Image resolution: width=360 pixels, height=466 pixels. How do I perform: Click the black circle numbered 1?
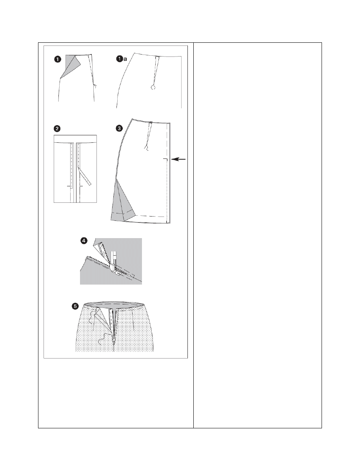58,59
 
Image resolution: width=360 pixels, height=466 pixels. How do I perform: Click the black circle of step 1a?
119,59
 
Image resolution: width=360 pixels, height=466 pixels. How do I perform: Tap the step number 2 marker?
57,128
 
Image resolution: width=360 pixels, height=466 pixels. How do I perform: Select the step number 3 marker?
119,128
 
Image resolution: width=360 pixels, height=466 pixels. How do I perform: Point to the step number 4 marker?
84,240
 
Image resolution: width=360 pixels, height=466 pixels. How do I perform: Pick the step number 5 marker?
76,306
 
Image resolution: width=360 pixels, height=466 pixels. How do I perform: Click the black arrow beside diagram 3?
178,159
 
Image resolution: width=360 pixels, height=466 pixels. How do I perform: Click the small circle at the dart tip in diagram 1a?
153,87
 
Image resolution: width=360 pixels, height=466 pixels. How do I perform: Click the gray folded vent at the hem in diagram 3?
122,205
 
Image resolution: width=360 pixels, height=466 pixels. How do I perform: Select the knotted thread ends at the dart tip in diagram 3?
146,148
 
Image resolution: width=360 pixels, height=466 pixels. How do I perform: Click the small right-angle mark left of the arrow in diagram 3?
165,161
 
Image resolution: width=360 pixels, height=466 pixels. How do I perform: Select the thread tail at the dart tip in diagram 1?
96,86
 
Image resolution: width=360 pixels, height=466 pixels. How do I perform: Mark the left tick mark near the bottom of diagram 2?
69,186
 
